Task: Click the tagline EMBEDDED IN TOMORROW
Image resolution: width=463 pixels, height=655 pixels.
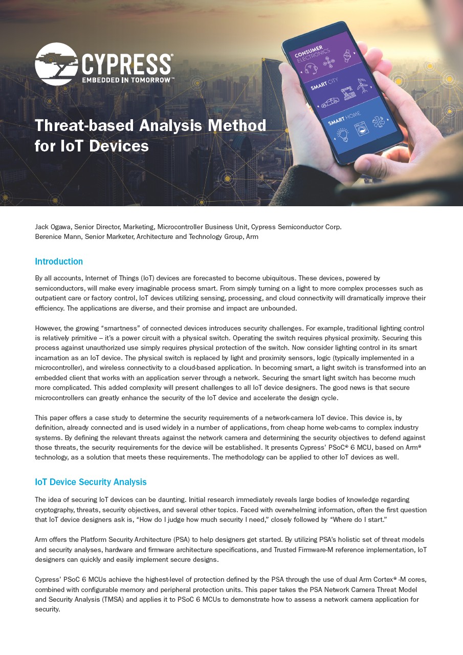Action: pyautogui.click(x=128, y=80)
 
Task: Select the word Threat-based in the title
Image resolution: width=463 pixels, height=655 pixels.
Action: pyautogui.click(x=84, y=125)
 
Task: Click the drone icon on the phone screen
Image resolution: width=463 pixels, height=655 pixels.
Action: pyautogui.click(x=327, y=62)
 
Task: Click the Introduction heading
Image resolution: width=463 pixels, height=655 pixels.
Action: pyautogui.click(x=59, y=261)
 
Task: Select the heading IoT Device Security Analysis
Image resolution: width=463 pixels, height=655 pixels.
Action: pyautogui.click(x=91, y=482)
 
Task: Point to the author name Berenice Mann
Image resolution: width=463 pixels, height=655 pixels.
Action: pyautogui.click(x=58, y=236)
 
